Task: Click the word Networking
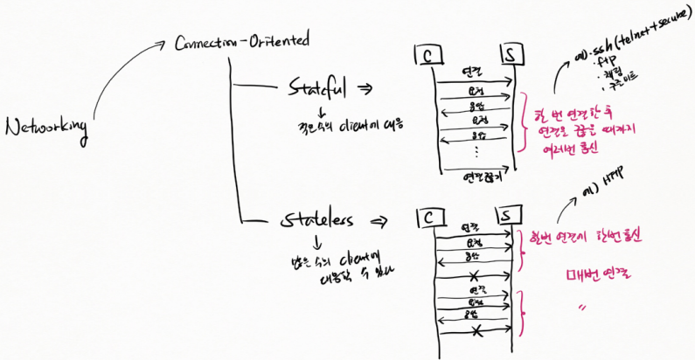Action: click(x=47, y=128)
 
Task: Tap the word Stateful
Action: click(x=317, y=89)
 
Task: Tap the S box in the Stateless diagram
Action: click(x=507, y=215)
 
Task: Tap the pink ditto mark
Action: click(x=580, y=308)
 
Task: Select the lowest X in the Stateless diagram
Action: click(x=476, y=332)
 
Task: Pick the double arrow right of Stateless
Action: click(x=380, y=222)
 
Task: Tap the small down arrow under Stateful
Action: click(x=321, y=114)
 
